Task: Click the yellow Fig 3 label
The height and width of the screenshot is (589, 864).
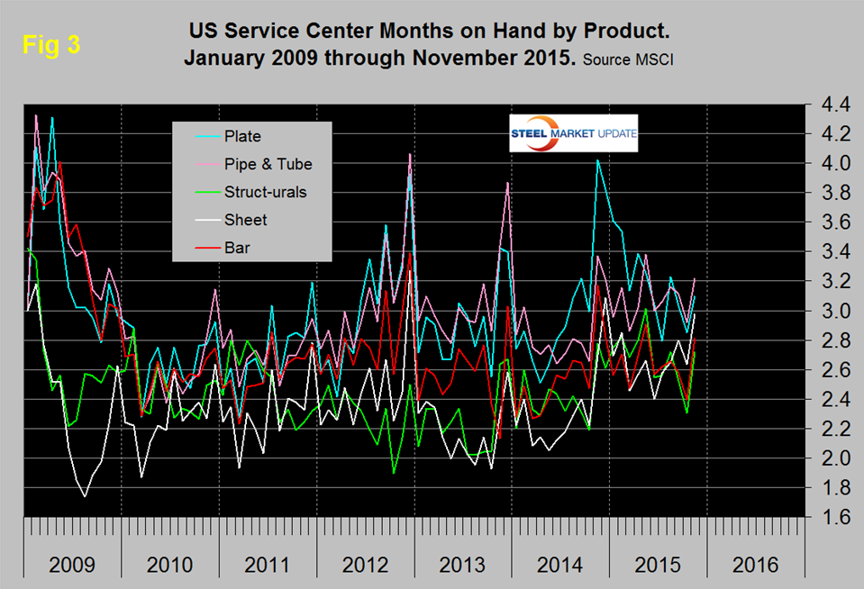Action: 51,47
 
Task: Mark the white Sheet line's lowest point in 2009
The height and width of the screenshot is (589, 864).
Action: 85,496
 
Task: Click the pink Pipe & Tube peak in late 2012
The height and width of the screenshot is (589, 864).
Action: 410,154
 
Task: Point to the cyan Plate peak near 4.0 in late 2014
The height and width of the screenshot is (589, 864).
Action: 596,160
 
